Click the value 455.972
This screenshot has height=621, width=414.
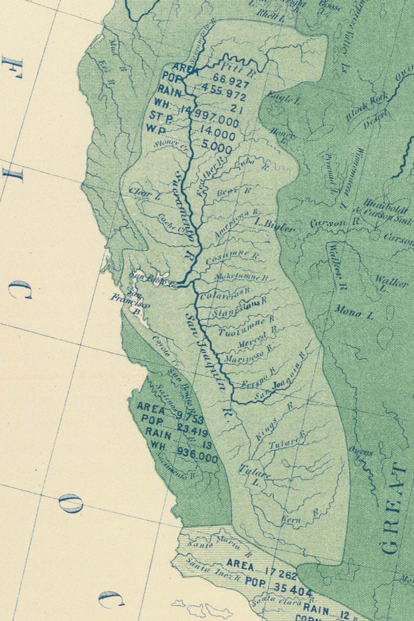coord(223,92)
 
